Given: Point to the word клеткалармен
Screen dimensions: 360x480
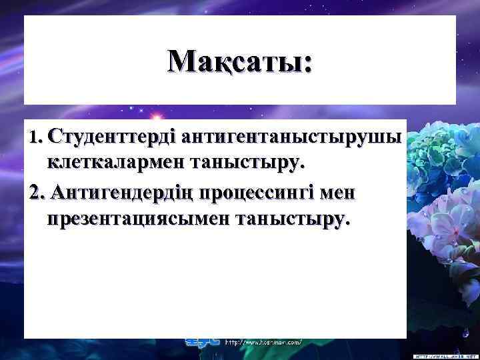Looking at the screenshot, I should click(x=116, y=162).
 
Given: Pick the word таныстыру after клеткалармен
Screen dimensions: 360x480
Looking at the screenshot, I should click(x=248, y=162).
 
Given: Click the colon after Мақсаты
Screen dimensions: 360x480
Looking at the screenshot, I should click(x=307, y=64).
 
